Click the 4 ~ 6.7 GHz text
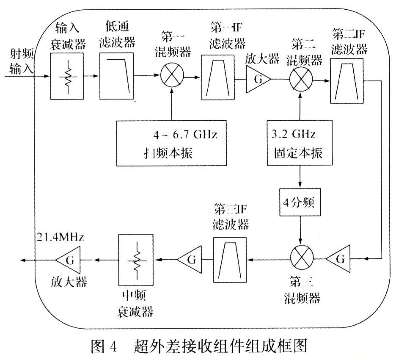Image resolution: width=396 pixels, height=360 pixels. [185, 136]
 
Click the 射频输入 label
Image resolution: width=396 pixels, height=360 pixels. [19, 61]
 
